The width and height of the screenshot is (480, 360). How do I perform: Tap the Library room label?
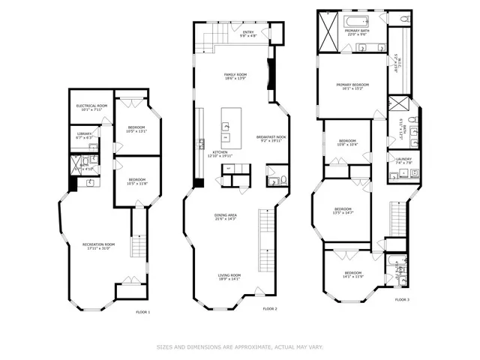83,136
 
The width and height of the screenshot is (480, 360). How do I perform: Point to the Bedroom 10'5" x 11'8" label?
136,181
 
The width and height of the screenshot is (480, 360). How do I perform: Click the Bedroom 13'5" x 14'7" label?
343,211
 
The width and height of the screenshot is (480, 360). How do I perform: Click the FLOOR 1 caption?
142,312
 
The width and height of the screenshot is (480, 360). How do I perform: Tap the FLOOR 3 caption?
402,299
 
